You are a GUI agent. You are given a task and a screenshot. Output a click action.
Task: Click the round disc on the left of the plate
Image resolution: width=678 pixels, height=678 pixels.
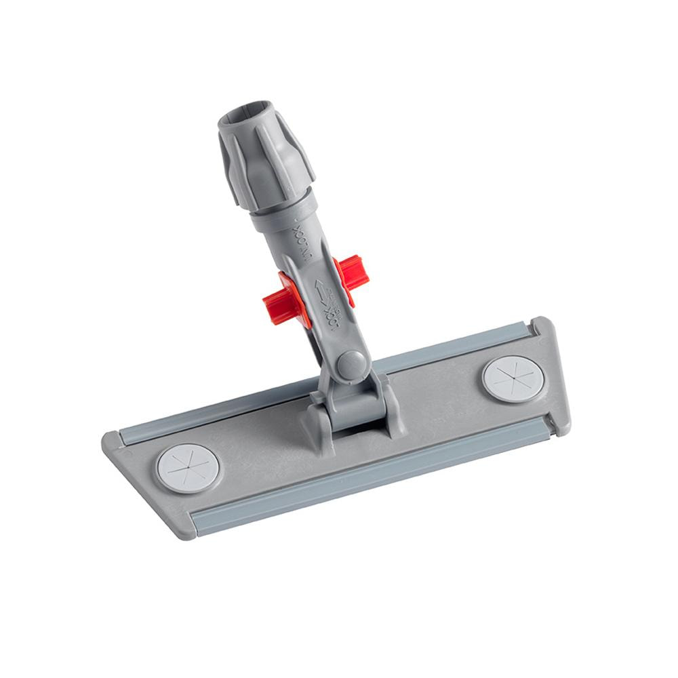[188, 468]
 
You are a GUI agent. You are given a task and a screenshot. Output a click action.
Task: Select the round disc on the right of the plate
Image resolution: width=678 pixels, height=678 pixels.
[513, 379]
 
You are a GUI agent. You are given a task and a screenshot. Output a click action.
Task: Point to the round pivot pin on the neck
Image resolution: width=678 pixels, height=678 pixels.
[351, 364]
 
